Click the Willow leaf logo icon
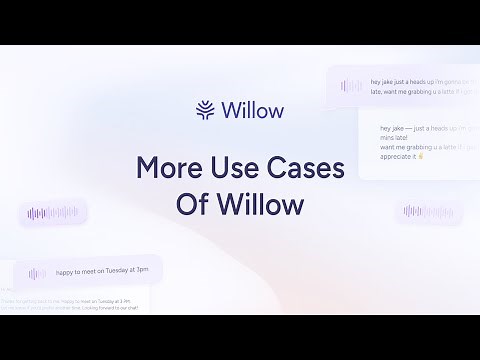pyautogui.click(x=206, y=109)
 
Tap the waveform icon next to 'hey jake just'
pyautogui.click(x=351, y=86)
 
